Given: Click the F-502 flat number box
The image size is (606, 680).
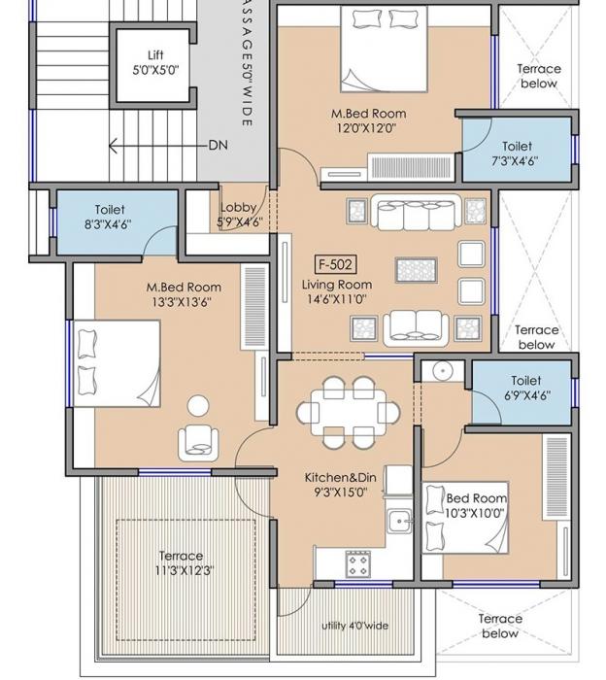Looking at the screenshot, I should pyautogui.click(x=335, y=264).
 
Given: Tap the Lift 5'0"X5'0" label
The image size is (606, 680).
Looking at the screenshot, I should pyautogui.click(x=155, y=63).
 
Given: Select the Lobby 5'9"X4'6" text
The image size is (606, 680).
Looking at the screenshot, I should pyautogui.click(x=240, y=215).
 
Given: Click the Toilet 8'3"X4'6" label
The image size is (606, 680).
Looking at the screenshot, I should pyautogui.click(x=109, y=217).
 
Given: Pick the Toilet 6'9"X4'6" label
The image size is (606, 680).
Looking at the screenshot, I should pyautogui.click(x=525, y=389).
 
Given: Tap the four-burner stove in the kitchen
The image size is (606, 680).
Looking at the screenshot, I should pyautogui.click(x=357, y=562).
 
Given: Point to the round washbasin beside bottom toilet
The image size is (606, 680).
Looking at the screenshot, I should pyautogui.click(x=440, y=370).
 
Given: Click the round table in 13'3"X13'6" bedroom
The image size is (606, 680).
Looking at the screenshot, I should pyautogui.click(x=199, y=405).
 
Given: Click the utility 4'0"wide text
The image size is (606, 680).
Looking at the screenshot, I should pyautogui.click(x=354, y=626).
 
